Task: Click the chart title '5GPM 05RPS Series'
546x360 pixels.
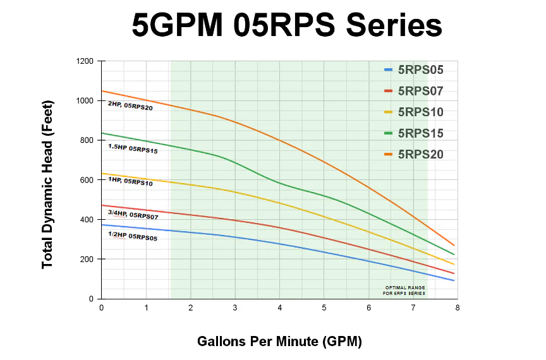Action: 286,27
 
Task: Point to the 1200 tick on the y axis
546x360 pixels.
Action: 84,61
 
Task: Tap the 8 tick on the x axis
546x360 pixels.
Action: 458,308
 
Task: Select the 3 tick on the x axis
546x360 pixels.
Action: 235,308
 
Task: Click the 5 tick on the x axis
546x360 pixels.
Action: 324,308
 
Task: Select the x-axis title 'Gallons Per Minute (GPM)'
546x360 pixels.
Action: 280,342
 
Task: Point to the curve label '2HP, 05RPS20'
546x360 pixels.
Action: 130,106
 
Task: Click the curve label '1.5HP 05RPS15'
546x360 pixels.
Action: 133,148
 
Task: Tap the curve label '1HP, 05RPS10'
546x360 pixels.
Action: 130,181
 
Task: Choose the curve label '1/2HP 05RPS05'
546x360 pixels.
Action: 133,237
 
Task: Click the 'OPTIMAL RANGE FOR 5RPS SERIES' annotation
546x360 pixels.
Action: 404,291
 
